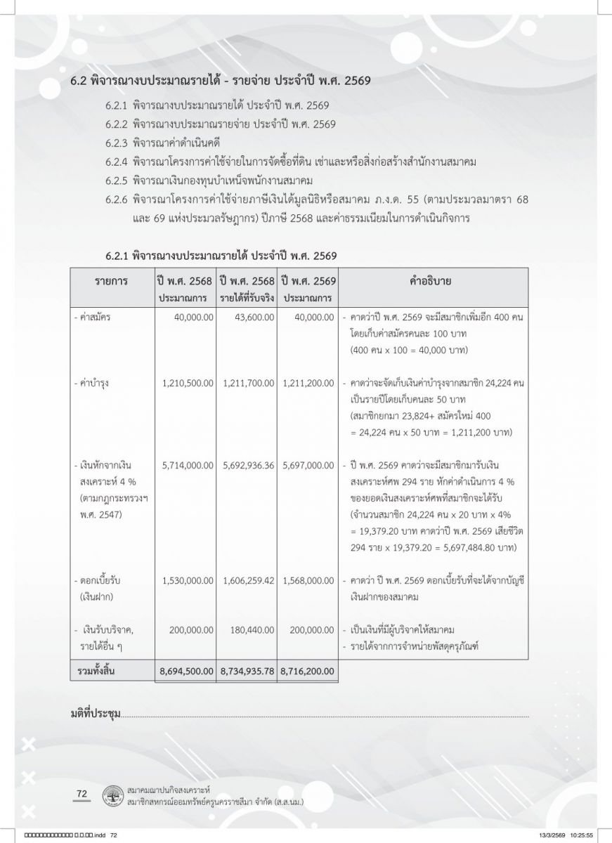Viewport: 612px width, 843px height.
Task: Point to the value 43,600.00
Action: pyautogui.click(x=251, y=318)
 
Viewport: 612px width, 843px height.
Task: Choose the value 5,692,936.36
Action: pyautogui.click(x=249, y=465)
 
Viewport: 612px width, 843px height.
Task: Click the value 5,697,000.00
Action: pyautogui.click(x=308, y=465)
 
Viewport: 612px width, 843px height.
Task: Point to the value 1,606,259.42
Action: pyautogui.click(x=249, y=581)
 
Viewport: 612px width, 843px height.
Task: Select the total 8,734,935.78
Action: pyautogui.click(x=249, y=672)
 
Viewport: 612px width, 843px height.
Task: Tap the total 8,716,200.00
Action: pyautogui.click(x=308, y=672)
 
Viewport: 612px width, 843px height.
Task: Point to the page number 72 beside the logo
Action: pyautogui.click(x=82, y=794)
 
